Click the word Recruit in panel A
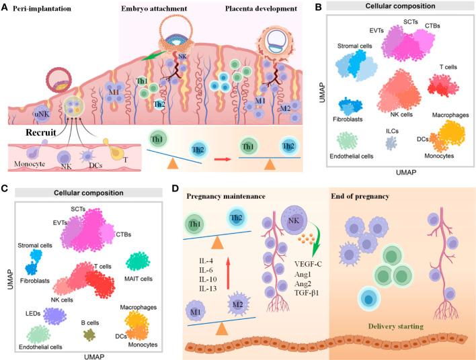41,132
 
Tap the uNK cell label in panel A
42,115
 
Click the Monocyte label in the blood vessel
30,164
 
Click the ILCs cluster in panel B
391,143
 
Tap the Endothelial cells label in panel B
351,156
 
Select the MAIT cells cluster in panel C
138,262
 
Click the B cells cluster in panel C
89,334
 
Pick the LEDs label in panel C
33,313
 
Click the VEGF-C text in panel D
308,264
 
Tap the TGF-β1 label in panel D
307,293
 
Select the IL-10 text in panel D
208,279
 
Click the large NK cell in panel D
294,220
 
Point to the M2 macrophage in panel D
238,304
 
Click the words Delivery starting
395,326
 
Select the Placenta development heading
261,9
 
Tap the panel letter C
4,189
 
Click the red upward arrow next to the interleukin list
229,272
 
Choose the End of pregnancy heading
360,197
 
